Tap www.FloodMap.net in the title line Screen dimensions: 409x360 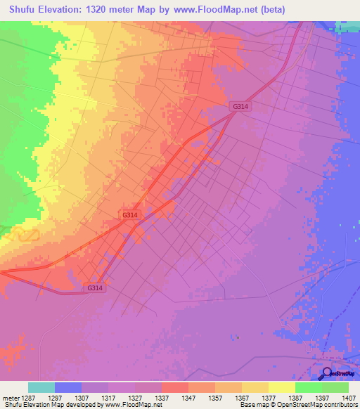coord(224,10)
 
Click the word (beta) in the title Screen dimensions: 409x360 coord(287,10)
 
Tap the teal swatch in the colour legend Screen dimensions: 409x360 coord(41,387)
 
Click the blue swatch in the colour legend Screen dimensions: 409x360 coord(68,387)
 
